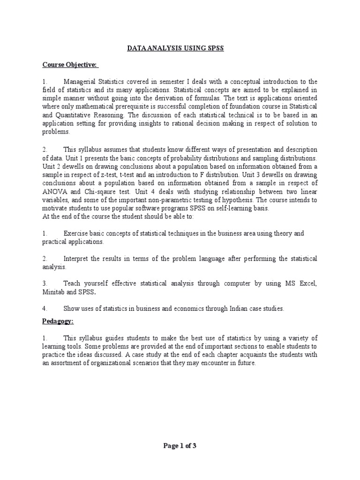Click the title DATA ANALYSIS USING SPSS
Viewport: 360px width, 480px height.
pyautogui.click(x=180, y=49)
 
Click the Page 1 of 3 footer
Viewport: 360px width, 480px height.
pyautogui.click(x=180, y=446)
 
